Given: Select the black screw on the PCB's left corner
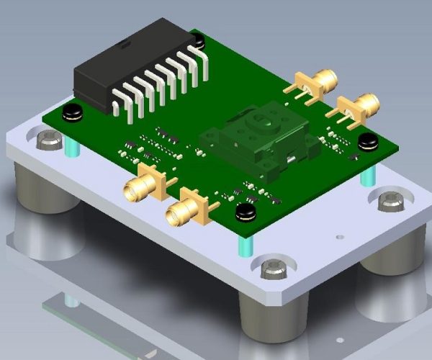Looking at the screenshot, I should pos(71,112).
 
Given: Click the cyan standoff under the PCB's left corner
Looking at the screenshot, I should pos(72,148).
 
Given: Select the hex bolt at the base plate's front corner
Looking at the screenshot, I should pos(274,269).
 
